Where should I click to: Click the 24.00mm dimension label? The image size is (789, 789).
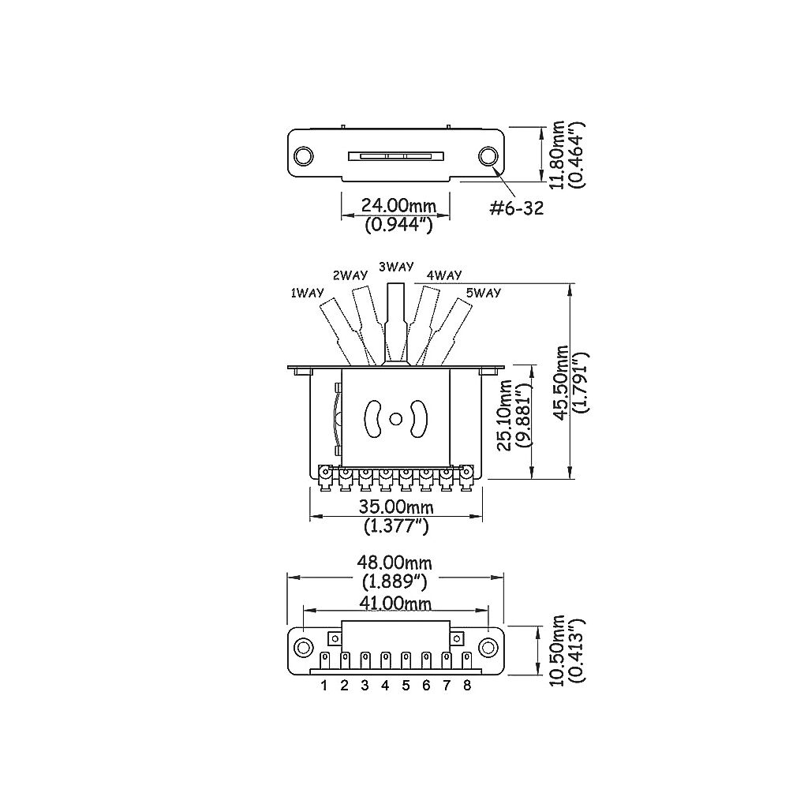click(x=398, y=206)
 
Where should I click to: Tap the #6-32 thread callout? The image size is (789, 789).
click(x=516, y=208)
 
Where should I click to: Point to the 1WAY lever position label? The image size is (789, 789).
click(x=308, y=293)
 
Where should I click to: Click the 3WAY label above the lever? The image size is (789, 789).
click(x=396, y=267)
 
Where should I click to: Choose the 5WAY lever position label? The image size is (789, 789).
click(x=484, y=293)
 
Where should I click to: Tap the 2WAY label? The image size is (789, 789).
click(x=350, y=275)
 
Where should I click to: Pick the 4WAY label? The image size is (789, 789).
click(x=443, y=275)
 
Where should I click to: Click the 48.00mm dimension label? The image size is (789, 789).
click(x=396, y=563)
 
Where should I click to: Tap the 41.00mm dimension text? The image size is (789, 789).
click(x=396, y=603)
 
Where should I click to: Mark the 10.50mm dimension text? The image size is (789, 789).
click(x=559, y=651)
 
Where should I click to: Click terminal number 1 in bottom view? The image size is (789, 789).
click(x=324, y=686)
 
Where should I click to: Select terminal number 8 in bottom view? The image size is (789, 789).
click(x=467, y=686)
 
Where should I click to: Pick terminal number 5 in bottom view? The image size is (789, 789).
click(x=406, y=686)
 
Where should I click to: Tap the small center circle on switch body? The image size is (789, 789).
click(x=394, y=417)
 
